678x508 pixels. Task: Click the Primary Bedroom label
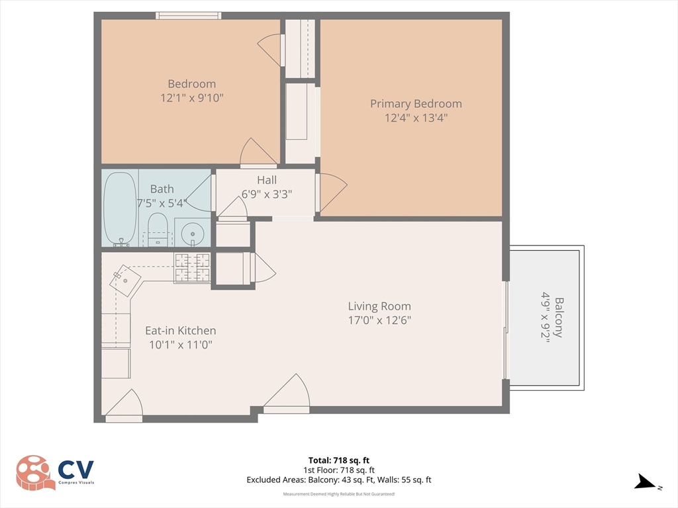416,104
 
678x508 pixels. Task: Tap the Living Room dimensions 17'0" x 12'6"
379,321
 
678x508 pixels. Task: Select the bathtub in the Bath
119,208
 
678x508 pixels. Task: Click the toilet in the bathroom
158,230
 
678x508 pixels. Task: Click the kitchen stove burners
192,268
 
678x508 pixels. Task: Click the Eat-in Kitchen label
180,331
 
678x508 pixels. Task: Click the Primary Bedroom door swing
332,191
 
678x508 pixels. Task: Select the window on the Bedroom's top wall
188,15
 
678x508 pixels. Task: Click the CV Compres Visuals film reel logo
35,472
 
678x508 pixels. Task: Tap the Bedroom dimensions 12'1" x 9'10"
191,98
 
